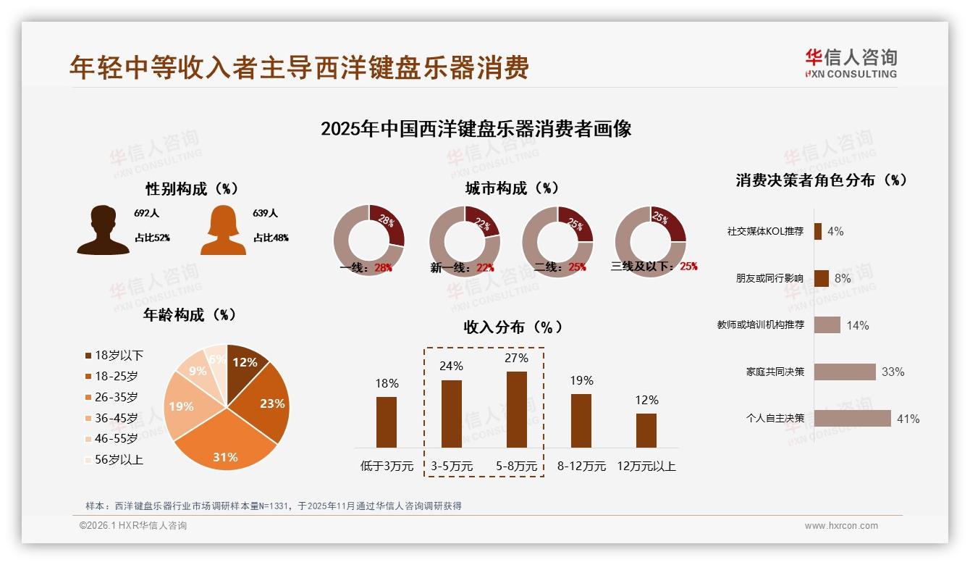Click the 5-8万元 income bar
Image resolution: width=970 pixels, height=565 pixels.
coord(516,409)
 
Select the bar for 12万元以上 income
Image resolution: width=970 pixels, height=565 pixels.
coord(646,430)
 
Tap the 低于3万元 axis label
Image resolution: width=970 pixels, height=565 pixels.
coord(387,466)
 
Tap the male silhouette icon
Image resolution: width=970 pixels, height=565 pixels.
coord(103,230)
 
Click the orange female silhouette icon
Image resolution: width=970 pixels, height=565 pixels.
coord(223,231)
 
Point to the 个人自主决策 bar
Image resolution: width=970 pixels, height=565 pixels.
coord(852,419)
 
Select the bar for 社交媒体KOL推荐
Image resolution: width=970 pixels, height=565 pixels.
coord(818,231)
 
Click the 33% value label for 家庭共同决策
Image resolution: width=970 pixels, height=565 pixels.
coord(893,372)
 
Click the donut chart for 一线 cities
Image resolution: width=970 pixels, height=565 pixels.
coord(368,240)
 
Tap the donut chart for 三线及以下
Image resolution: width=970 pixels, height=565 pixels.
coord(649,240)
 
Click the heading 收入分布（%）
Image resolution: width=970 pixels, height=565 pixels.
coord(513,327)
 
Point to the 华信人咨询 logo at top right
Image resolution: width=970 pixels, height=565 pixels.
coord(851,63)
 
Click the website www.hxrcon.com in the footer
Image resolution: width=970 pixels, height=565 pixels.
coord(841,526)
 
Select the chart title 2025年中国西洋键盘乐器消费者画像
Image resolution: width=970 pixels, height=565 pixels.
coord(476,129)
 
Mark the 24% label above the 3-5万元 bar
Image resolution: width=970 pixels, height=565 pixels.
coord(451,367)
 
